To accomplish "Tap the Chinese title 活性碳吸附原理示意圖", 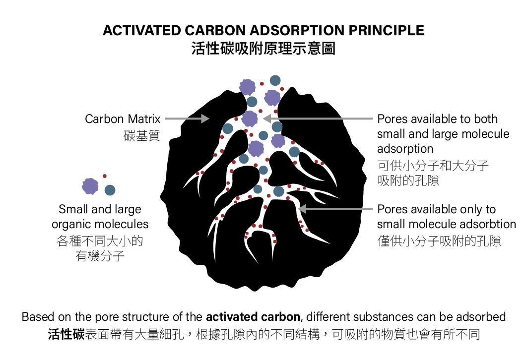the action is [x=263, y=49].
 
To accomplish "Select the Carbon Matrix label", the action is [x=123, y=119].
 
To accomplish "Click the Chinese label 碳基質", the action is [x=142, y=135].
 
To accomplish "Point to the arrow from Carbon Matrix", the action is [x=187, y=119].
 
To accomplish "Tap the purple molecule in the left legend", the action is [x=90, y=186].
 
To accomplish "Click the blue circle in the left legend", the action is [x=110, y=190].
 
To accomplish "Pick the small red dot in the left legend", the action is [x=104, y=176].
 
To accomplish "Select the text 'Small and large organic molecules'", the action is [x=100, y=217].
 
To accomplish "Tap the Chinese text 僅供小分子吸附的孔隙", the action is [x=439, y=241].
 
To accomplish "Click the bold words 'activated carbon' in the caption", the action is [x=253, y=317].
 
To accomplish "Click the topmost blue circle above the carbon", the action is [x=275, y=80].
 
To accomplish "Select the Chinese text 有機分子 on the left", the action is [x=100, y=256].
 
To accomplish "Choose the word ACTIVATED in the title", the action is [x=142, y=30].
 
